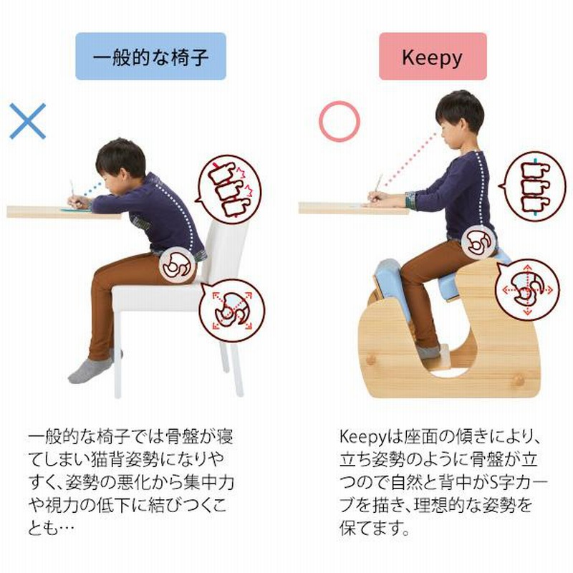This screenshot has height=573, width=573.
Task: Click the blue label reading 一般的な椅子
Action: pyautogui.click(x=150, y=57)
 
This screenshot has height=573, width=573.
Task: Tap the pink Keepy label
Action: pyautogui.click(x=433, y=57)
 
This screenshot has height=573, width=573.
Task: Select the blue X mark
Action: pyautogui.click(x=28, y=121)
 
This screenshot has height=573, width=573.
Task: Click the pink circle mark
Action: pyautogui.click(x=339, y=121)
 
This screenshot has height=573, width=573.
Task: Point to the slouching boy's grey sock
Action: pyautogui.click(x=90, y=370)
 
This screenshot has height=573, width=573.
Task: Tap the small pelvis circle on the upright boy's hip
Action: pyautogui.click(x=478, y=242)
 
